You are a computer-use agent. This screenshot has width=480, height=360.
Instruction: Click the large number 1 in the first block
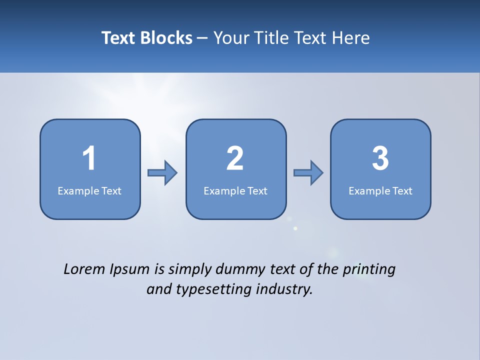[x=89, y=158]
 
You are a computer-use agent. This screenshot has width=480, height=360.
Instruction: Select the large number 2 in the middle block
[x=235, y=158]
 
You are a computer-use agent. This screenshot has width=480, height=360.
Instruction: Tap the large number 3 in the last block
[x=380, y=158]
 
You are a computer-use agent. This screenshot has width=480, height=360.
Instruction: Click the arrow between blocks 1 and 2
[x=162, y=173]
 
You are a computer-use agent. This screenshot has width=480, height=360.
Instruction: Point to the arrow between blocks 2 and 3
[x=308, y=173]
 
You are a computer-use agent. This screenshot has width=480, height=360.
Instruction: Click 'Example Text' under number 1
[x=89, y=190]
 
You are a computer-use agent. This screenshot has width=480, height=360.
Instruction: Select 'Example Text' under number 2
[x=235, y=190]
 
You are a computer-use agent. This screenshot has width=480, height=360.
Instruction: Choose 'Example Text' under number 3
[x=380, y=190]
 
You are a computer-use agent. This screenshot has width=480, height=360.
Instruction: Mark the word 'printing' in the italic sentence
[x=369, y=270]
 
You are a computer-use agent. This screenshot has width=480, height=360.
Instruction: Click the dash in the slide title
[x=202, y=38]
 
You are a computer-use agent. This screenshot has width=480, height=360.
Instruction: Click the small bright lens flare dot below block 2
[x=295, y=228]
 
